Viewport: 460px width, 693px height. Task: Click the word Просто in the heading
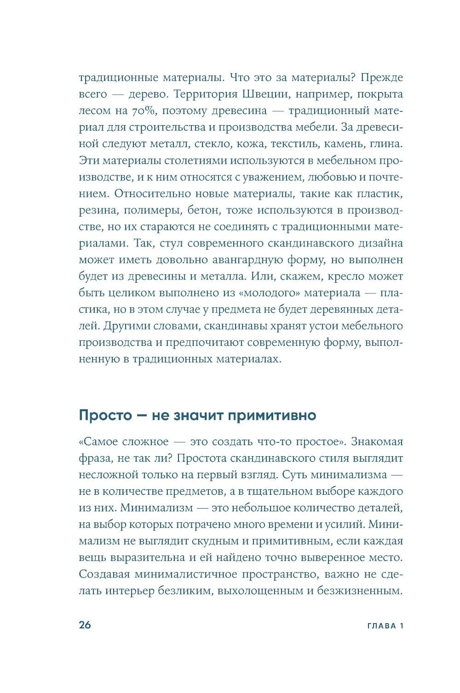coord(102,415)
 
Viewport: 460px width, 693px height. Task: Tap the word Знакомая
coord(377,442)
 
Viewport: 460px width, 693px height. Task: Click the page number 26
coord(85,625)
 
